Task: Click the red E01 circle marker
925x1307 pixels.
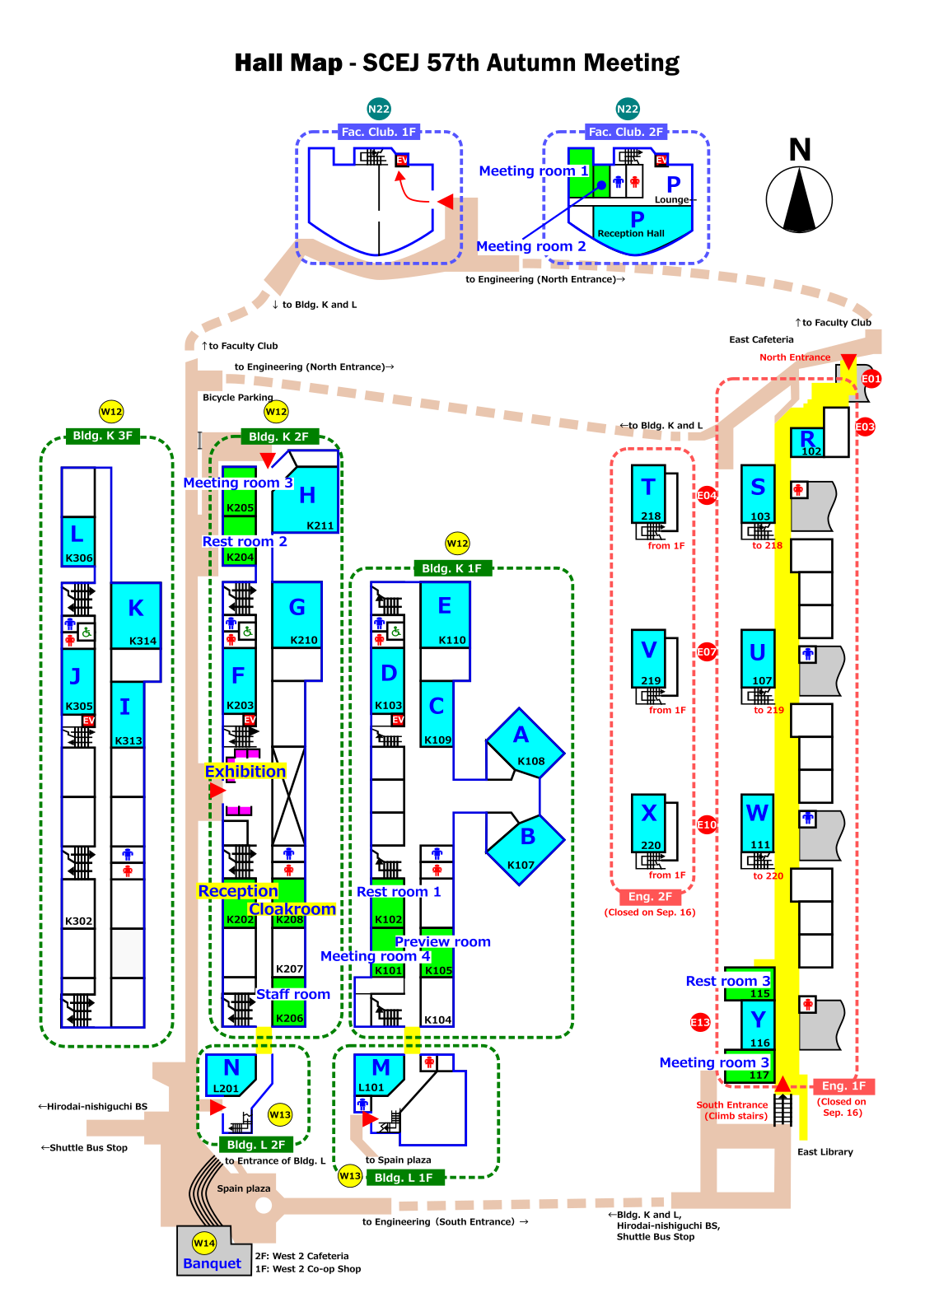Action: click(x=871, y=379)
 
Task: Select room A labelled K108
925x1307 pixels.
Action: click(x=525, y=744)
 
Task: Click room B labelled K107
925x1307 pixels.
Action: click(x=525, y=850)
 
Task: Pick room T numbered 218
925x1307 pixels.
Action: click(x=648, y=493)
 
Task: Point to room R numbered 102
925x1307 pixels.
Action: click(x=807, y=442)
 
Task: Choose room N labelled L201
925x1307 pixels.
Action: click(x=231, y=1075)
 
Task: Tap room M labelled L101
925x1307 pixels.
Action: click(x=380, y=1075)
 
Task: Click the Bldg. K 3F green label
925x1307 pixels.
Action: click(x=103, y=436)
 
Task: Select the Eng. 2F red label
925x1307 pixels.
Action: click(x=650, y=896)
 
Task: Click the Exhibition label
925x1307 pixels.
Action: click(x=245, y=772)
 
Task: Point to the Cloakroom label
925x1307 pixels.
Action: click(x=292, y=909)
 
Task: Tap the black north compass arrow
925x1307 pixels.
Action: click(x=799, y=199)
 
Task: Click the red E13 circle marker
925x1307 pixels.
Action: click(x=700, y=1022)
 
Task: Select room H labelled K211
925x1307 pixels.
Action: click(x=306, y=499)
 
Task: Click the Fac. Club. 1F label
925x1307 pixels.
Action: click(x=379, y=132)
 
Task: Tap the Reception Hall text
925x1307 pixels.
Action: click(x=631, y=233)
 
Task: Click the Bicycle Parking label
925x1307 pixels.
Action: click(x=237, y=397)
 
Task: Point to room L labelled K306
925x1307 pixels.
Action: click(x=78, y=541)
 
